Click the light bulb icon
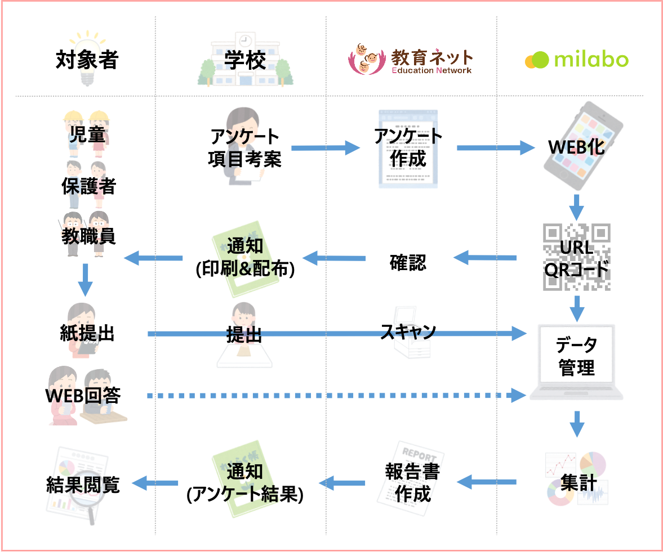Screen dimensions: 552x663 click(x=87, y=59)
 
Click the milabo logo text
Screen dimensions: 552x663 click(x=591, y=60)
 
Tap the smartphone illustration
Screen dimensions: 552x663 click(x=584, y=145)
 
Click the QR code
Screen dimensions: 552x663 click(x=576, y=257)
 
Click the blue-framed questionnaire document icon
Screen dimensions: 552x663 click(x=407, y=149)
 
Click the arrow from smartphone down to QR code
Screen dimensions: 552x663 click(x=576, y=207)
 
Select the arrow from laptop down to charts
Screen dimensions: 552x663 click(x=576, y=424)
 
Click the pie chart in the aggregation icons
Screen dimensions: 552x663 click(x=593, y=463)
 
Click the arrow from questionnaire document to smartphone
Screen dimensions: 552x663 click(x=495, y=148)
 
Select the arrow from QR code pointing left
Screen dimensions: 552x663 click(x=485, y=258)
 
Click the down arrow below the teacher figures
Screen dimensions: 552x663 click(x=85, y=279)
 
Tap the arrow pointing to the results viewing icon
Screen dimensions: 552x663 click(x=155, y=483)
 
